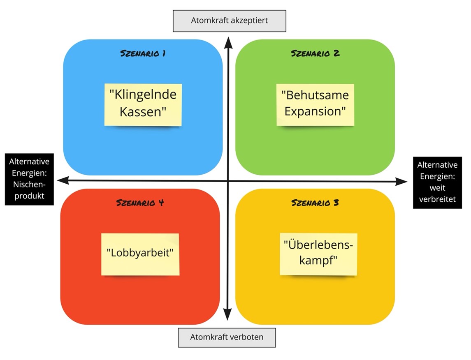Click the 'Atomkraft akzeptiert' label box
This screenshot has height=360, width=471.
point(229,21)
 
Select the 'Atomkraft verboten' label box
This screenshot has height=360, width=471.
point(227,337)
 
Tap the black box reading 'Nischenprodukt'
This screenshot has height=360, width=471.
point(30,179)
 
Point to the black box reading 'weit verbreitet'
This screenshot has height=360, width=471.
point(437,182)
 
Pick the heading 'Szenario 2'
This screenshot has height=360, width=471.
point(315,53)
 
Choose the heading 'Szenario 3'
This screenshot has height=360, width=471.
point(315,203)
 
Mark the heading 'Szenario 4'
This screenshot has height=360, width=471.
point(140,203)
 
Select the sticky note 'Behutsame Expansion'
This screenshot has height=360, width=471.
point(315,104)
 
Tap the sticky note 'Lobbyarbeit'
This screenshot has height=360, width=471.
point(140,254)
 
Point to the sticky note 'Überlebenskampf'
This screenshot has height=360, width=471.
point(318,254)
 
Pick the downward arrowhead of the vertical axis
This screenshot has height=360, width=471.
point(227,316)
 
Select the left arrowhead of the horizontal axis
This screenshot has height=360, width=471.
point(62,180)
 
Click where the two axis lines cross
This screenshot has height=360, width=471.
point(227,181)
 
